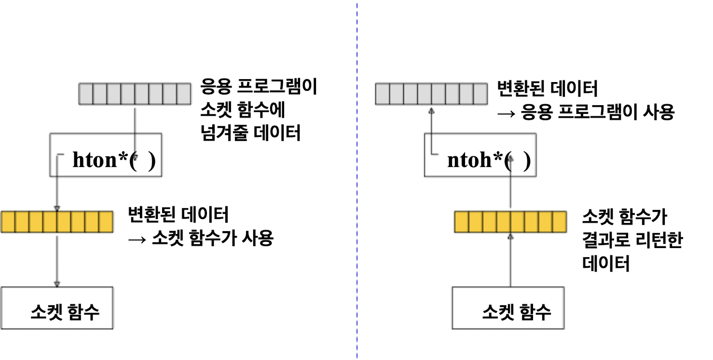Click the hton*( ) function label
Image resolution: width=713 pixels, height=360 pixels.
(x=114, y=161)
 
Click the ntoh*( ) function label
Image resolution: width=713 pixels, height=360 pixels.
(x=489, y=161)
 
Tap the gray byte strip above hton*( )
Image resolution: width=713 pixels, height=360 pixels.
(x=135, y=94)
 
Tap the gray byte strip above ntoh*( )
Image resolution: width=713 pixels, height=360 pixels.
(x=432, y=94)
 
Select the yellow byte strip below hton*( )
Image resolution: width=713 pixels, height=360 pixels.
(x=57, y=222)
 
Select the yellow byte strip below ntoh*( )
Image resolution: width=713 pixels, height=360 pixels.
(x=510, y=222)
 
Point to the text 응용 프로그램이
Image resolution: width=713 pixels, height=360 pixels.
(x=259, y=89)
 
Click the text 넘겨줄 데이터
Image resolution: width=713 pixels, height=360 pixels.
(x=250, y=132)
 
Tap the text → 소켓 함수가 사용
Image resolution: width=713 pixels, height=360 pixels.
(x=201, y=237)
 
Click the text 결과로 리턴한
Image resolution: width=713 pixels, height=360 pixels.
(x=632, y=240)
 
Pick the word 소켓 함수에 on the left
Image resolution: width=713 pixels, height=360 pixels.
(x=243, y=111)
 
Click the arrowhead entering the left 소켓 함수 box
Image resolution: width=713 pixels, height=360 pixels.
(x=57, y=284)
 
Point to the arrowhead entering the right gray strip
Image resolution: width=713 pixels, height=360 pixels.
(x=432, y=111)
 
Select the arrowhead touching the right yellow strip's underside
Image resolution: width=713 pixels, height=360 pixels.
(x=510, y=236)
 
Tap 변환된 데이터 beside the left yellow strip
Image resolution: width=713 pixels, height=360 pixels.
(x=178, y=214)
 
